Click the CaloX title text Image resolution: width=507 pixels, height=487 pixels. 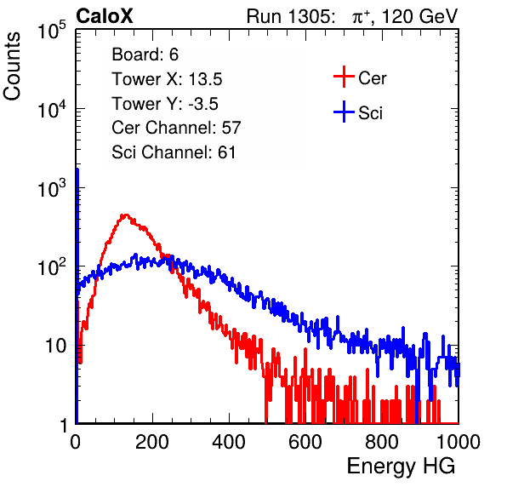click(105, 15)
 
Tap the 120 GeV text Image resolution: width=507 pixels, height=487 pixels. click(419, 16)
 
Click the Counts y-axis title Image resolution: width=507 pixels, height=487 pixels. click(12, 66)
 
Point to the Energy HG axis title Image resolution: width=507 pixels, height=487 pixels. click(401, 467)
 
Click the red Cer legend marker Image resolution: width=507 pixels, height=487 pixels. click(344, 77)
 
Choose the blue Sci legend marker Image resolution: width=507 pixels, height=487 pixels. click(344, 112)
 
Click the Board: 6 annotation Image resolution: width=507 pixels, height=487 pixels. click(145, 54)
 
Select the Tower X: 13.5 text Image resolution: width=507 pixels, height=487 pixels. click(167, 79)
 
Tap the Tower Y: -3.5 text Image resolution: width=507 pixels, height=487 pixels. click(165, 104)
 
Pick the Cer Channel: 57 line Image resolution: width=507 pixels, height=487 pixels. click(176, 128)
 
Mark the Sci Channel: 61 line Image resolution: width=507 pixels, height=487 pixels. click(174, 152)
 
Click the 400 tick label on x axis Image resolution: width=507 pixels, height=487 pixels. click(229, 442)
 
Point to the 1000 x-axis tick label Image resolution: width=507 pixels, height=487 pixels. click(459, 442)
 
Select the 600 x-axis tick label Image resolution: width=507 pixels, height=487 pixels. click(305, 442)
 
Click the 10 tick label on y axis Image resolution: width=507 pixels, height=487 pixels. click(56, 346)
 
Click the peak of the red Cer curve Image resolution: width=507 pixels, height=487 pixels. click(125, 215)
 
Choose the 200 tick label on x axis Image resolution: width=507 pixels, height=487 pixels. click(152, 442)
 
